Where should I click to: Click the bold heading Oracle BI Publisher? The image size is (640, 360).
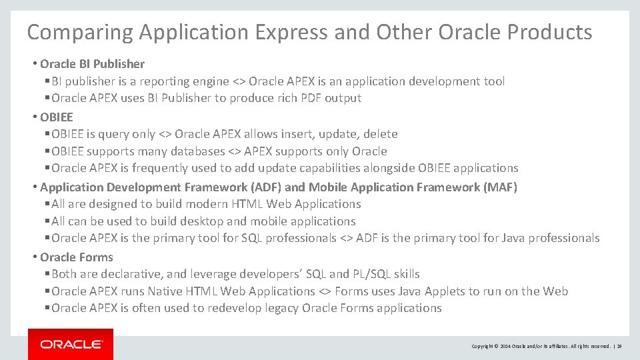pos(92,64)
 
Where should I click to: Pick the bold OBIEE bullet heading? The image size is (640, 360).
pos(57,117)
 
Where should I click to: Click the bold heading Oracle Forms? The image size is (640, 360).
pos(77,257)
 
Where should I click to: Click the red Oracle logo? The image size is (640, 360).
pos(71,344)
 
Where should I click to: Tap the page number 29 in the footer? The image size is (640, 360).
pos(619,347)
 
